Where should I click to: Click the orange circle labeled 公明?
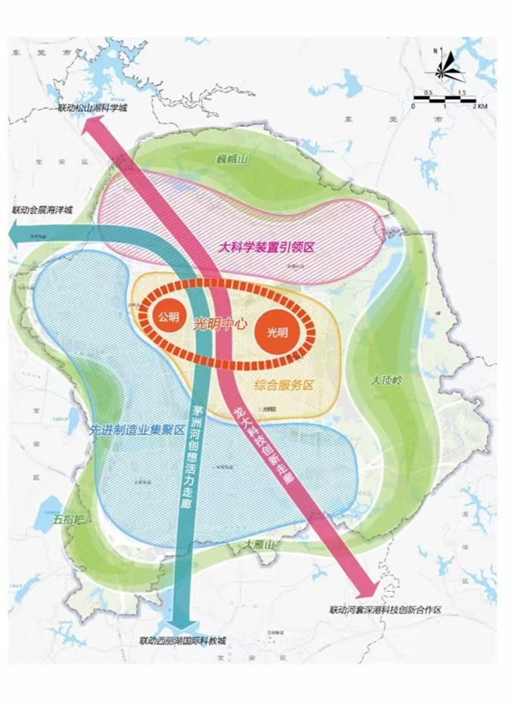tap(168, 317)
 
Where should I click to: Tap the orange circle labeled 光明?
tap(277, 332)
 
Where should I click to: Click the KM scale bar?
tap(445, 101)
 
